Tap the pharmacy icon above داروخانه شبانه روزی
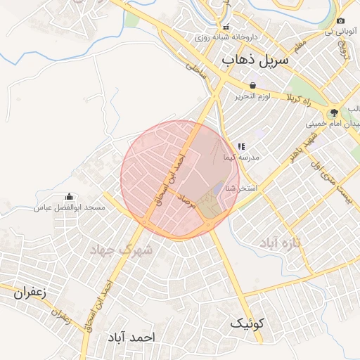[x=225, y=27]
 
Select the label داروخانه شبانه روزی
[x=226, y=37]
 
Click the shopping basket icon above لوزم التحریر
[x=252, y=85]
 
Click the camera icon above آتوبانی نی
[x=341, y=22]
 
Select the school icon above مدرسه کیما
[x=241, y=147]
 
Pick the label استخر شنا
[x=241, y=188]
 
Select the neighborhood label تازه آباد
[x=281, y=243]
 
